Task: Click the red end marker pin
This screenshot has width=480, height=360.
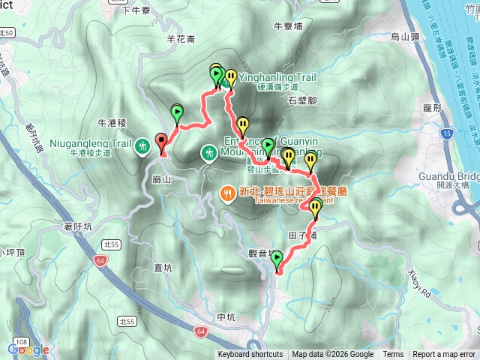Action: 161,141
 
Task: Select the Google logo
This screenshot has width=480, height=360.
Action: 28,349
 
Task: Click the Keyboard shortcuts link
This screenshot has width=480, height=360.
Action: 250,355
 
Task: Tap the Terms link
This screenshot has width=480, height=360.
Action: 393,355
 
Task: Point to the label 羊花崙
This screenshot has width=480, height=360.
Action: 181,37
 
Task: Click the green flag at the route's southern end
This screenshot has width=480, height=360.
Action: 277,260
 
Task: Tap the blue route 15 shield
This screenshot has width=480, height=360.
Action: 448,133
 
